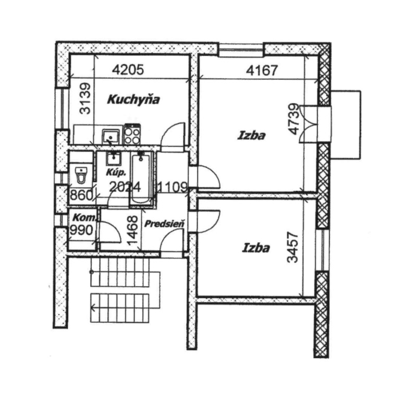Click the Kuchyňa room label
tap(133, 100)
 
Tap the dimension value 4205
tap(128, 70)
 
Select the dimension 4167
tap(262, 70)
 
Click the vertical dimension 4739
tap(295, 119)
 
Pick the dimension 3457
tap(293, 247)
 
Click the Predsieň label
tap(164, 224)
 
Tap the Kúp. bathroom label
tap(116, 173)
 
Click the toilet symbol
tap(81, 175)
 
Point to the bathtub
tap(141, 179)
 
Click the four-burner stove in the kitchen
tap(132, 135)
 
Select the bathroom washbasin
tap(114, 158)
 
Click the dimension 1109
tap(173, 187)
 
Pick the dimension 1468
tap(132, 230)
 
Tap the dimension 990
tap(81, 230)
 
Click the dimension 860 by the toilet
tap(81, 195)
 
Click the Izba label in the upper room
tap(251, 136)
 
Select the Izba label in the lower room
tap(256, 248)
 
